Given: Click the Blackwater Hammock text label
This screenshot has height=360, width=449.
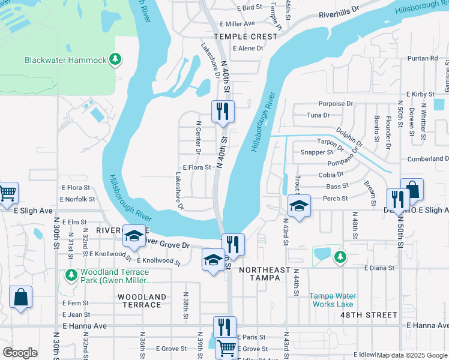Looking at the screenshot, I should [x=65, y=60].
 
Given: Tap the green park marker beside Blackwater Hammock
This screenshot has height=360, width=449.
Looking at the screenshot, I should [x=115, y=59].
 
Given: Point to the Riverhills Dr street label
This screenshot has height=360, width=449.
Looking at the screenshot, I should [x=339, y=13].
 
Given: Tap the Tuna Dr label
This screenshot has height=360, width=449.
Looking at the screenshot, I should [x=318, y=115].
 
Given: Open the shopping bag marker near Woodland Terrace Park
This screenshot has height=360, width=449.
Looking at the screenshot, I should [x=20, y=297].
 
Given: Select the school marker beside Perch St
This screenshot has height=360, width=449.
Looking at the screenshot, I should [x=298, y=206].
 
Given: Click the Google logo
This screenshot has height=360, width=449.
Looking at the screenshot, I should [x=20, y=353].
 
